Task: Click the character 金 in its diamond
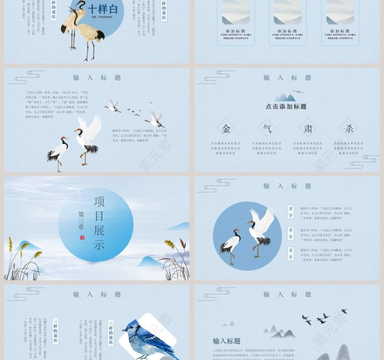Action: click(x=226, y=128)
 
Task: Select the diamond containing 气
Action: click(x=267, y=128)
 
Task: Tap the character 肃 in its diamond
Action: click(x=308, y=128)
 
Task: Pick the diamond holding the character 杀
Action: click(x=349, y=128)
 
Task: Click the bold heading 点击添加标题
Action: click(x=286, y=106)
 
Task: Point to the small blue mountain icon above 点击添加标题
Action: click(x=285, y=97)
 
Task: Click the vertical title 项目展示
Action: click(x=99, y=223)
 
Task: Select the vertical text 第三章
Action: click(x=81, y=220)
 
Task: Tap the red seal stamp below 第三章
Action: click(x=82, y=238)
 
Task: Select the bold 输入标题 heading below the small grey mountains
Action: click(x=226, y=341)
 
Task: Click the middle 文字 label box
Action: click(x=290, y=233)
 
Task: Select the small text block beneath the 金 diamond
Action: click(x=226, y=148)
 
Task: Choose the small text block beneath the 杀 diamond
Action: click(x=349, y=148)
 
